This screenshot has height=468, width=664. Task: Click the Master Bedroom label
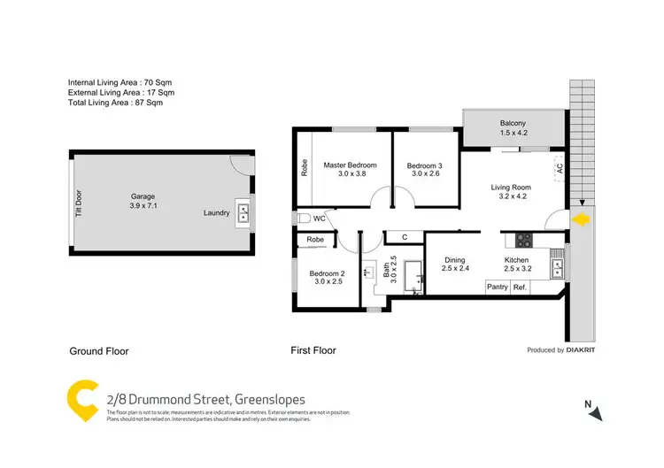pos(350,165)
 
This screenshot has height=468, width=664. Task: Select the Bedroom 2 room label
pos(327,274)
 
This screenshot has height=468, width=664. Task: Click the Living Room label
pos(511,187)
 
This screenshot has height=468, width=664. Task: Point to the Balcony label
pos(512,123)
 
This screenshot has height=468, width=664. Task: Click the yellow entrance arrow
pos(581,219)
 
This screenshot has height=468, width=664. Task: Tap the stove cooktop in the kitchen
pos(523,239)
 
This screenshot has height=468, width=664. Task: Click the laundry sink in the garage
pos(243,212)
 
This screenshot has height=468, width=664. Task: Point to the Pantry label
pos(497,287)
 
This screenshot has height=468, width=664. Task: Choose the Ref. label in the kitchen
pos(520,287)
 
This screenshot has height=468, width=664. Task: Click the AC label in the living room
pos(559,166)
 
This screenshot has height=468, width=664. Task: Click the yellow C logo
pos(82,402)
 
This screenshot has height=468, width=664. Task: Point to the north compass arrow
pos(598,412)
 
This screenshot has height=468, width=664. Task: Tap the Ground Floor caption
pos(99,351)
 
